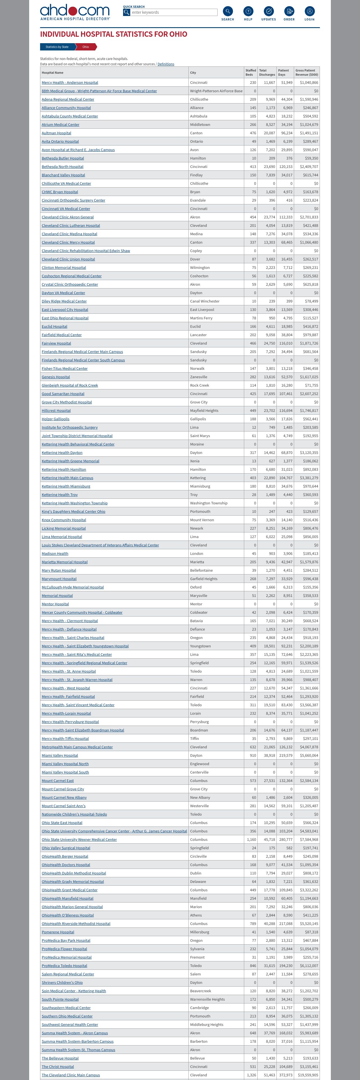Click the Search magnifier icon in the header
pyautogui.click(x=228, y=11)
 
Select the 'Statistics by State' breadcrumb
pyautogui.click(x=57, y=47)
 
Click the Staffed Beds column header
pyautogui.click(x=251, y=73)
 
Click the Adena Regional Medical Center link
pyautogui.click(x=68, y=99)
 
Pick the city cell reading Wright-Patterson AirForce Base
pyautogui.click(x=216, y=91)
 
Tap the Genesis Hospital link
pyautogui.click(x=56, y=377)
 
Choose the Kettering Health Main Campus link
pyautogui.click(x=68, y=478)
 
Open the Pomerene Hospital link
pyautogui.click(x=58, y=932)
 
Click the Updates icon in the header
pyautogui.click(x=269, y=11)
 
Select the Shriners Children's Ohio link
pyautogui.click(x=62, y=982)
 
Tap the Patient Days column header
pyautogui.click(x=284, y=73)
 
